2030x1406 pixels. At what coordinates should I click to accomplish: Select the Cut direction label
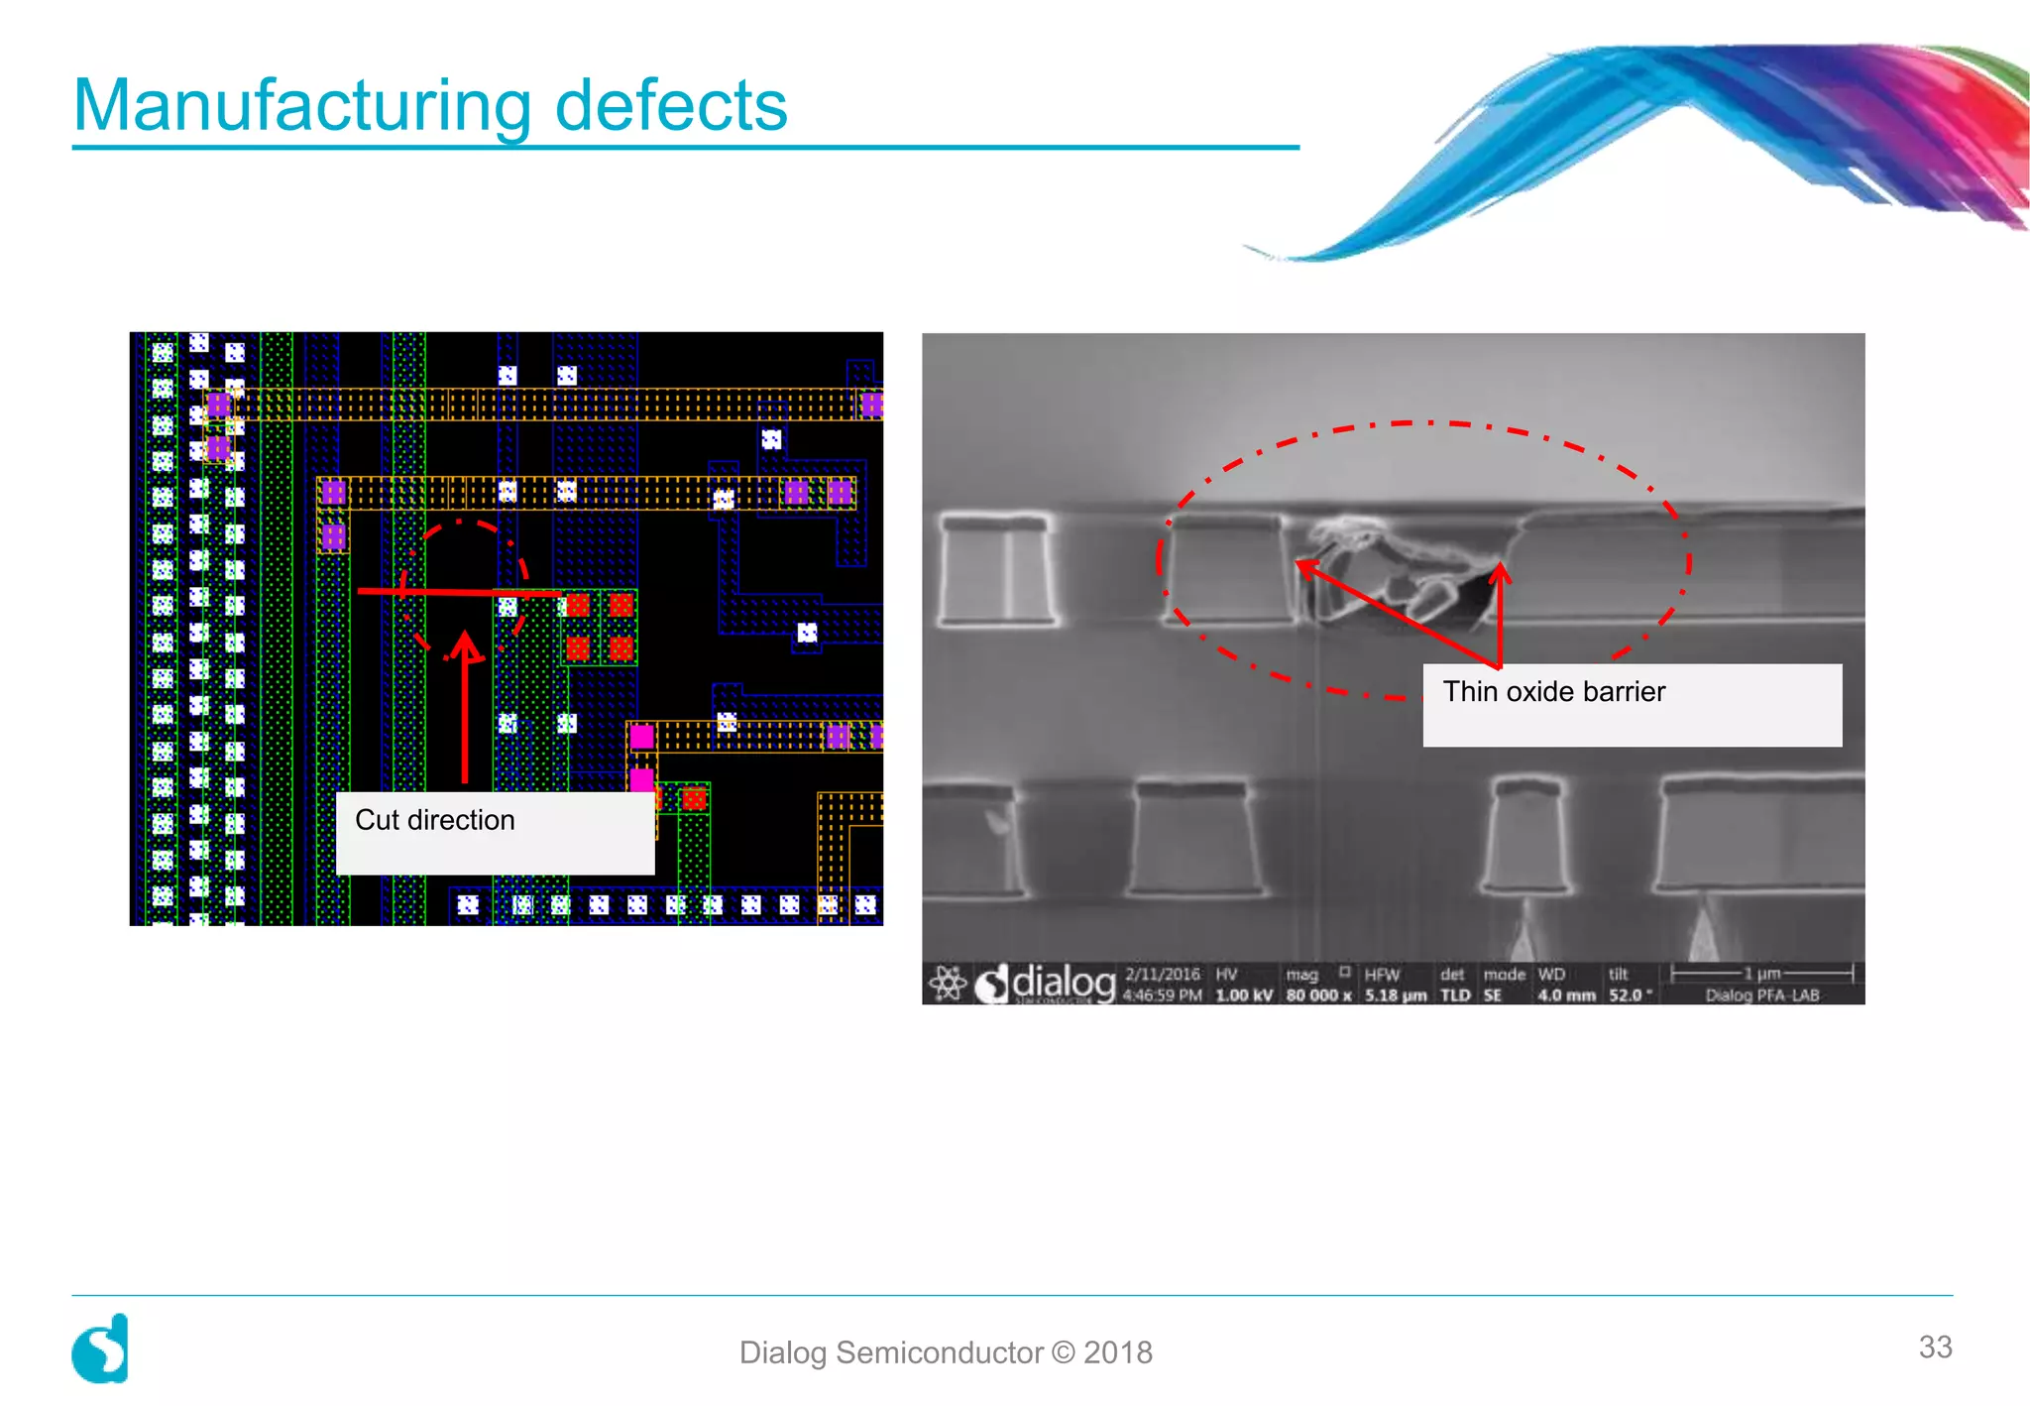click(x=435, y=820)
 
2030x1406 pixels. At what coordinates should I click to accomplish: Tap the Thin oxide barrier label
click(x=1553, y=691)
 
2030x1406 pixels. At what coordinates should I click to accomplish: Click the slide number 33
click(x=1935, y=1347)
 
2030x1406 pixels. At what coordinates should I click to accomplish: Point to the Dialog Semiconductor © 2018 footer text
click(x=946, y=1352)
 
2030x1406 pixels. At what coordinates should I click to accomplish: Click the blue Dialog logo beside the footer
click(x=100, y=1349)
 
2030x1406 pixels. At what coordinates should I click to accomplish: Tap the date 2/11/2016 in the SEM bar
click(x=1162, y=975)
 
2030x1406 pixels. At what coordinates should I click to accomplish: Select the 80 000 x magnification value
click(x=1318, y=996)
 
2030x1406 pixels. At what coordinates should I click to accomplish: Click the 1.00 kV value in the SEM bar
click(x=1243, y=996)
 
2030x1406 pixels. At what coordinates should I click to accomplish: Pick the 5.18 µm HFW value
click(x=1396, y=996)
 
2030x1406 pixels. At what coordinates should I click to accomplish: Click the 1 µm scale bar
click(x=1761, y=975)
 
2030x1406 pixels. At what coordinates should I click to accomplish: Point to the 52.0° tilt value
click(x=1630, y=996)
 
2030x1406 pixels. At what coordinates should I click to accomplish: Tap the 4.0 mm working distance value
click(x=1566, y=996)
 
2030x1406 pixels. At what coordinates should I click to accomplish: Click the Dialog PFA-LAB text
click(x=1761, y=996)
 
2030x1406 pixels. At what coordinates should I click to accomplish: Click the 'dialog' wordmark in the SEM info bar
click(x=1063, y=983)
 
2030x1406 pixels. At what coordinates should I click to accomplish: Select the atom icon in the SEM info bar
click(x=947, y=984)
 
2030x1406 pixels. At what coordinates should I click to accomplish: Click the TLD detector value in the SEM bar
click(x=1454, y=996)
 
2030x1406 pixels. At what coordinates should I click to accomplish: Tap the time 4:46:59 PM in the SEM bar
click(x=1162, y=996)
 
